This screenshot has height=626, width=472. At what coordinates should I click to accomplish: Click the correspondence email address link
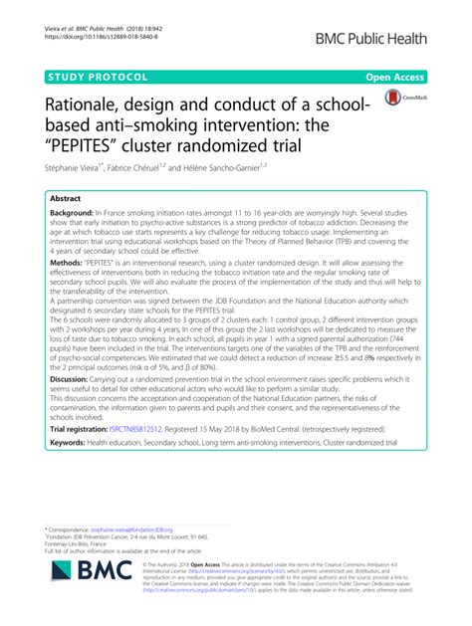(134, 530)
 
